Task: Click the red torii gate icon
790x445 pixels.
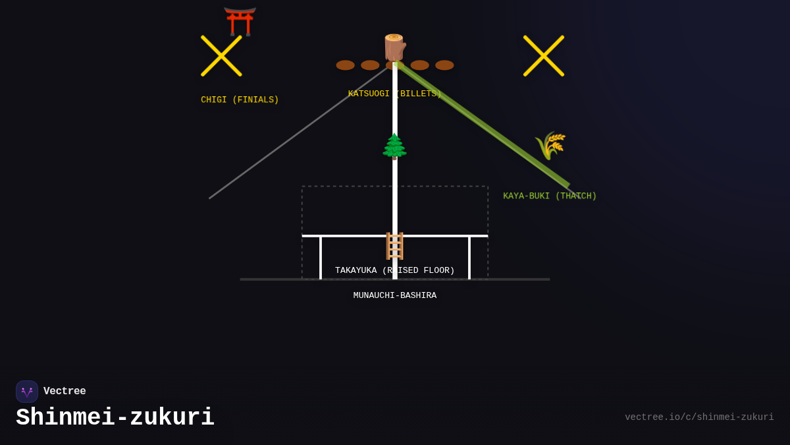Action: point(240,21)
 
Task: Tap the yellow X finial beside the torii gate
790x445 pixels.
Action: point(221,56)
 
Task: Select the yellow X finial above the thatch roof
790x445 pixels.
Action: point(544,56)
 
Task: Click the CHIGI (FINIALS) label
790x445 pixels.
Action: point(240,100)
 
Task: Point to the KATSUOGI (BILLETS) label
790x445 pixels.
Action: point(394,94)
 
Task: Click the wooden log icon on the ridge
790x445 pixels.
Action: point(394,47)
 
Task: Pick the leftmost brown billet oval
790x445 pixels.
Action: point(345,65)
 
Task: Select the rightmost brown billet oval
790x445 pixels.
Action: point(444,65)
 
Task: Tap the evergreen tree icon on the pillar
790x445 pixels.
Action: point(394,146)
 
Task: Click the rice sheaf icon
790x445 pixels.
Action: point(550,145)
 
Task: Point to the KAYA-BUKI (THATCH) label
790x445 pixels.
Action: point(550,196)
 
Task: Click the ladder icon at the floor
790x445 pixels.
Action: point(394,246)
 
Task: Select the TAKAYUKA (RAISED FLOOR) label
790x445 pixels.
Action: point(394,271)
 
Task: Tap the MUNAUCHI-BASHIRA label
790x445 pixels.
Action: point(394,296)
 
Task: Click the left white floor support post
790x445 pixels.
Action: point(321,258)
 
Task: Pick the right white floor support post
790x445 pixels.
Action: point(469,258)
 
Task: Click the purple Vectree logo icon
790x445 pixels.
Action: point(27,392)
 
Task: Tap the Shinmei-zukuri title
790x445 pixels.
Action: point(115,418)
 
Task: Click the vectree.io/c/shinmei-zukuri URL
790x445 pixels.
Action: point(699,417)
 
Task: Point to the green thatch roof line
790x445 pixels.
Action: point(484,125)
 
